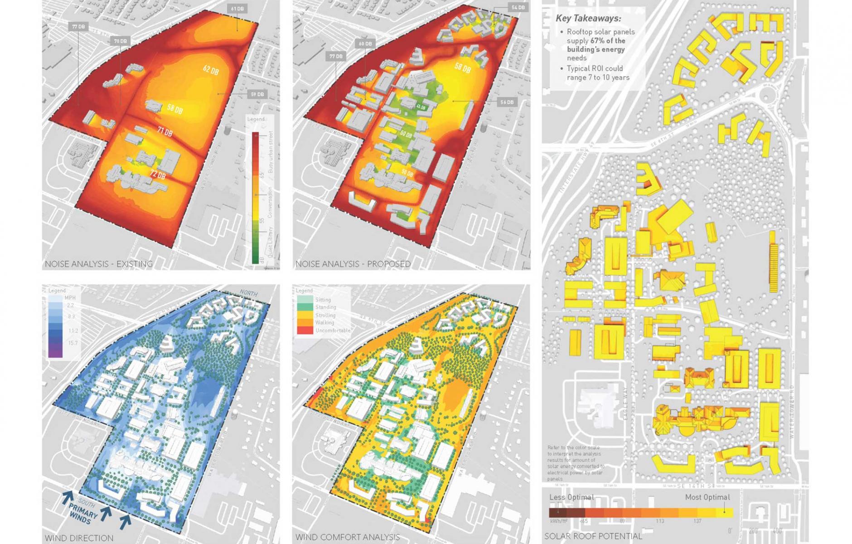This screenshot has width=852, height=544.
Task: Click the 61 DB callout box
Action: [x=237, y=9]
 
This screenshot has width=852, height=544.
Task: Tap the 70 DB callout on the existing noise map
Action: [x=120, y=41]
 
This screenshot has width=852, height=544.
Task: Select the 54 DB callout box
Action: [x=518, y=7]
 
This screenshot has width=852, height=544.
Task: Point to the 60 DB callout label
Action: [x=365, y=44]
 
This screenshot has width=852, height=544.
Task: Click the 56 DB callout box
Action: [x=507, y=102]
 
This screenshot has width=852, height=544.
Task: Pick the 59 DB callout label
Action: [x=257, y=94]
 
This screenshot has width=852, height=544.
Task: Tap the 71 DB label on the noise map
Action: [x=165, y=132]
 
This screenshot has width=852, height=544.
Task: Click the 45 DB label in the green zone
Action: [x=421, y=107]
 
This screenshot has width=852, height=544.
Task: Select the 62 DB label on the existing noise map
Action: [x=211, y=70]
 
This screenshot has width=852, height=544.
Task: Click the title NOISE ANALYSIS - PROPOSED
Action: [x=353, y=264]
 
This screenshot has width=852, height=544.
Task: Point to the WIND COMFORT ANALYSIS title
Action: [x=347, y=538]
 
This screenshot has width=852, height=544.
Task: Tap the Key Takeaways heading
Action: [x=588, y=19]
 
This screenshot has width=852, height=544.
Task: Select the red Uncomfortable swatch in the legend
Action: [x=305, y=330]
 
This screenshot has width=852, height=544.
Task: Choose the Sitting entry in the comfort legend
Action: [x=323, y=300]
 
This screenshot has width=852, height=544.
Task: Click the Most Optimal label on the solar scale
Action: [x=707, y=497]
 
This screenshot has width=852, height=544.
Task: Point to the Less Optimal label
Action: [x=571, y=497]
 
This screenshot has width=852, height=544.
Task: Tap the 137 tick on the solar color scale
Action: [x=697, y=521]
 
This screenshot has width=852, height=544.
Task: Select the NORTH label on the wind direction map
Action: [x=248, y=293]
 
